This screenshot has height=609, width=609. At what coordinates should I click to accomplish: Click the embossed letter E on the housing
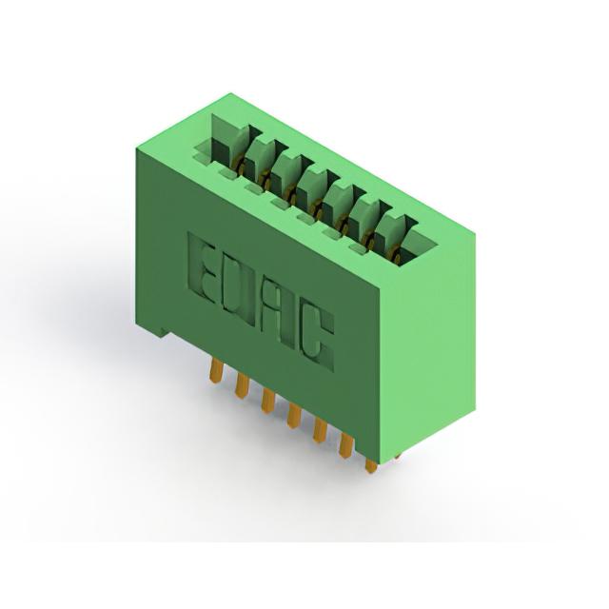coord(202,271)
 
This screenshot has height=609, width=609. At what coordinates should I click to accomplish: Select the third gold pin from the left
coord(267,401)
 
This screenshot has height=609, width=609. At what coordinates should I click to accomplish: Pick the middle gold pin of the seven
coord(294,416)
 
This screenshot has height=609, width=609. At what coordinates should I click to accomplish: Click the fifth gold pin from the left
coord(320,430)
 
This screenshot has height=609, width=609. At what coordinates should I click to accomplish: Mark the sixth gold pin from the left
coord(346,445)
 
